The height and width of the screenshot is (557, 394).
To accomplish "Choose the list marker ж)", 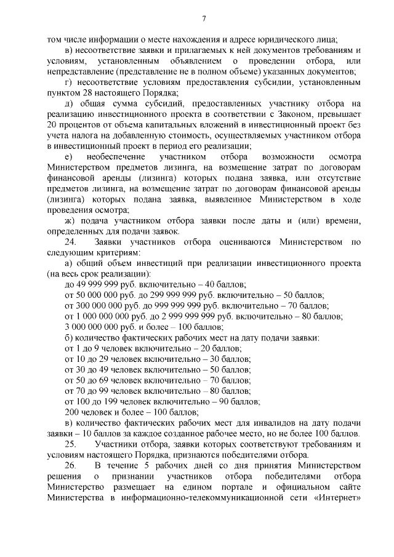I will (x=70, y=221).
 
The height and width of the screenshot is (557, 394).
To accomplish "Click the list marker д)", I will (x=70, y=104).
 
